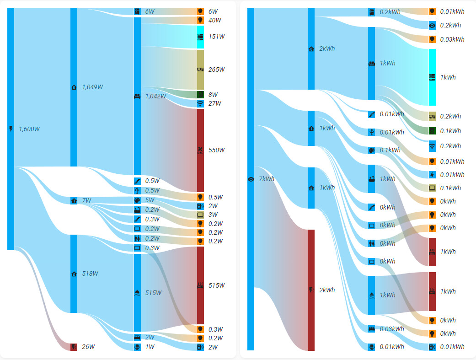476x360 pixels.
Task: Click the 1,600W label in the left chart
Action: coord(28,129)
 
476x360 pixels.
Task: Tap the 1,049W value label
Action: coord(92,87)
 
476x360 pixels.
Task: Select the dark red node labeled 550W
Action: coord(200,150)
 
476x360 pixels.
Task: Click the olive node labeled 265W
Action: coord(200,70)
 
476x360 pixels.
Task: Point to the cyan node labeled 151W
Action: coord(200,37)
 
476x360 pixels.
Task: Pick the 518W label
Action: coord(90,274)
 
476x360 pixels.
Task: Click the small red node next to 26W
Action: coord(74,347)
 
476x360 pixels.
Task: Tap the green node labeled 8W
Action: coord(200,95)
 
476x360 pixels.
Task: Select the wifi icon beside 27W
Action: coord(200,104)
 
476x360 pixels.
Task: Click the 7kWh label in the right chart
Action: coord(267,179)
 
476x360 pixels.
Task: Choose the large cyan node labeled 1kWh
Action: coord(432,77)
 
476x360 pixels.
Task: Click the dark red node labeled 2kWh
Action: coord(311,290)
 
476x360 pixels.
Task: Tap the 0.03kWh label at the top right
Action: coord(452,39)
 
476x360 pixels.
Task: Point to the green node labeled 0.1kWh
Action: coord(432,131)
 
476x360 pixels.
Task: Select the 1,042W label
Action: coord(155,96)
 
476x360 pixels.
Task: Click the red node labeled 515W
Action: coord(200,285)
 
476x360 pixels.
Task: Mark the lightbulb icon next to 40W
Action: coord(200,20)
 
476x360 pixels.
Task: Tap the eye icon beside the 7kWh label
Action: coord(251,179)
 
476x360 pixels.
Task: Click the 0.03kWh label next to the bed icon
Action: coord(392,329)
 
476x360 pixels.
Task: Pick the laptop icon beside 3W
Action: coord(200,215)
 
